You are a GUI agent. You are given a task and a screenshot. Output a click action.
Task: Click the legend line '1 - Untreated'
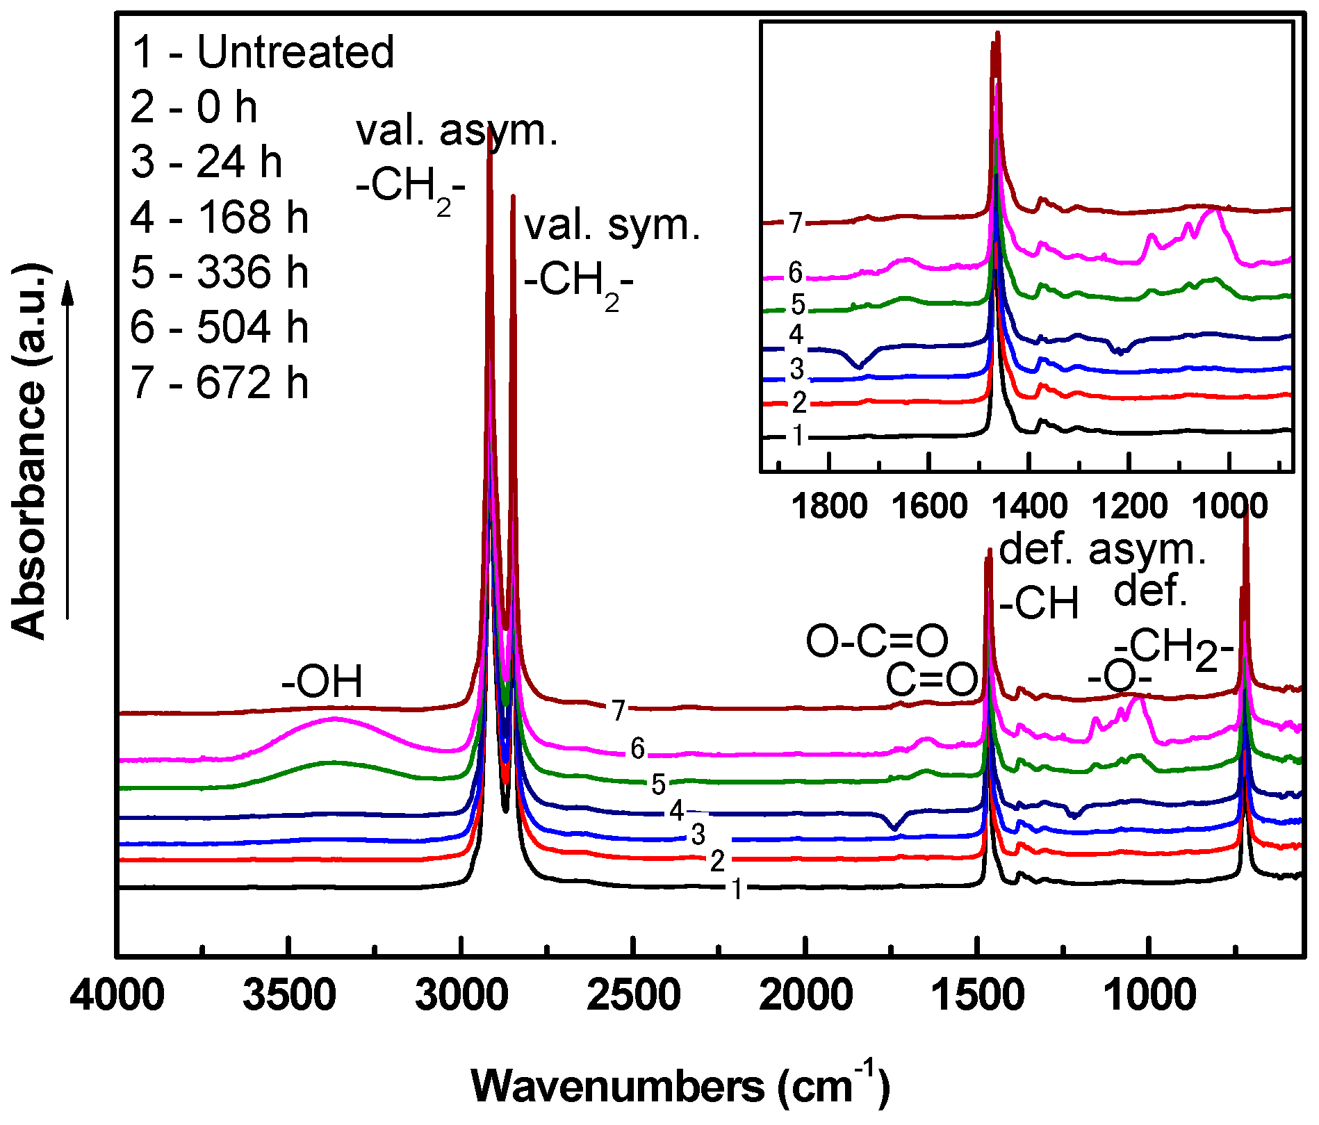(263, 51)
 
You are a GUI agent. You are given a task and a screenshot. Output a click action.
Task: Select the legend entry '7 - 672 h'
(219, 383)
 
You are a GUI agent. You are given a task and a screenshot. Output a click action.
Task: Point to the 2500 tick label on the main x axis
(633, 996)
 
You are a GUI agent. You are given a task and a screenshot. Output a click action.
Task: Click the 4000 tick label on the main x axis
(118, 996)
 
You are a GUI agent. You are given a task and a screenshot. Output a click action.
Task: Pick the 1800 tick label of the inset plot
(829, 507)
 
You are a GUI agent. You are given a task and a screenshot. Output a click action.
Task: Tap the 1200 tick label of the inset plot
(1130, 507)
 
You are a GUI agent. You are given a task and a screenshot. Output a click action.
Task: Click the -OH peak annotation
(322, 682)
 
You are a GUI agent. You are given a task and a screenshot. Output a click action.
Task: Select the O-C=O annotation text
(877, 641)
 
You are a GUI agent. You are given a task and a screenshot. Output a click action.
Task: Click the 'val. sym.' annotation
(612, 225)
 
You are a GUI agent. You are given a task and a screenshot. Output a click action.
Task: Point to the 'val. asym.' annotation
(457, 131)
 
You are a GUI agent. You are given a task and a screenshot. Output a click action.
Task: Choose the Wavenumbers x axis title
(680, 1086)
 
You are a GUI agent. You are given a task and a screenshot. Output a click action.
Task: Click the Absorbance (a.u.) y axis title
(29, 452)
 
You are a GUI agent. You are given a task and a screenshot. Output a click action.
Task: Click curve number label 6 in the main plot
(637, 748)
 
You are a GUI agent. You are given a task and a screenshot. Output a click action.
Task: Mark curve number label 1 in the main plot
(737, 889)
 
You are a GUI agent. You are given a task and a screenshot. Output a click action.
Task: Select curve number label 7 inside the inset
(796, 223)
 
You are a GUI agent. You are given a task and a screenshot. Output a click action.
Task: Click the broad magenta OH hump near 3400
(334, 720)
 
